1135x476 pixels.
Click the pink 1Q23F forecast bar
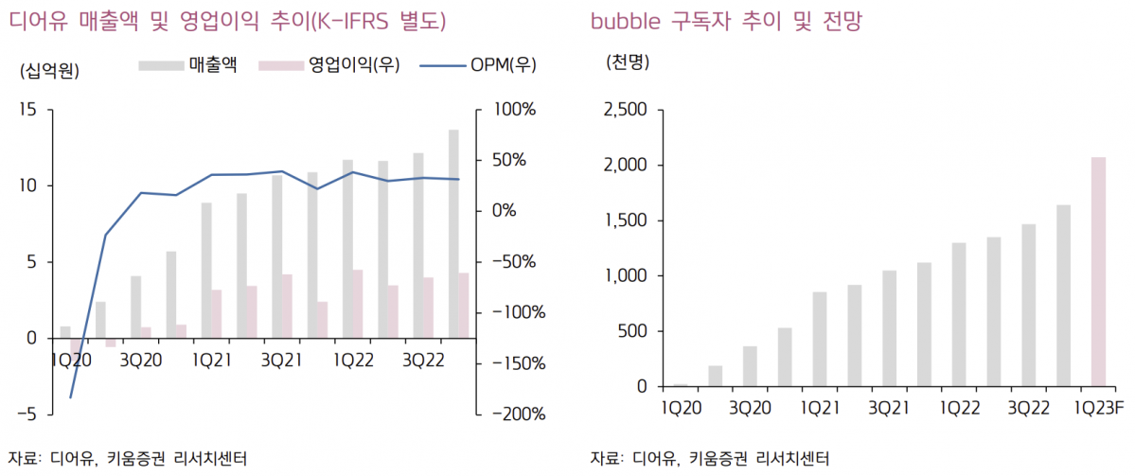tap(1098, 272)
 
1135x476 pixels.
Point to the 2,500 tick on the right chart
tap(625, 110)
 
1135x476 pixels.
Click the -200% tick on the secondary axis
tap(511, 414)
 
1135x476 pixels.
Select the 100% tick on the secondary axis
tap(512, 110)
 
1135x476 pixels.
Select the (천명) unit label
tap(628, 62)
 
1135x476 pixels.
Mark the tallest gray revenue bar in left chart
tap(453, 233)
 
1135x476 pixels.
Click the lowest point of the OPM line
tap(71, 397)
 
